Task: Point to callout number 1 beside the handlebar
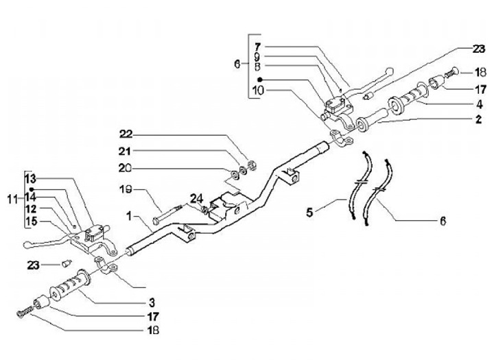pos(131,215)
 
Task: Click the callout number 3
pos(152,302)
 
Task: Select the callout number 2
pos(471,119)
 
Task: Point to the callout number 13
pos(31,178)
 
